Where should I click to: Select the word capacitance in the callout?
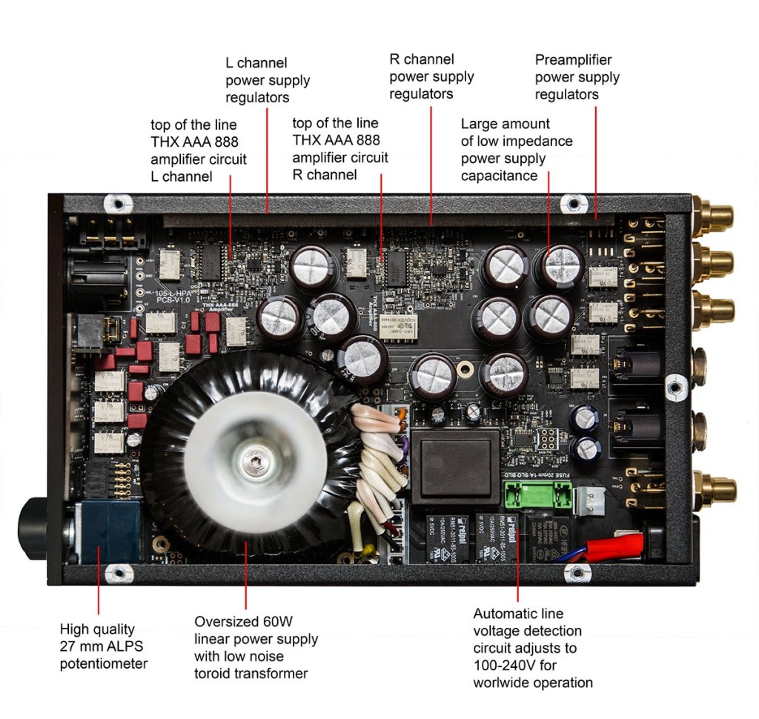tap(499, 176)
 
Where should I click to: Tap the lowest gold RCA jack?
tap(715, 489)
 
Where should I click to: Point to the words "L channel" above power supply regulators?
tap(256, 63)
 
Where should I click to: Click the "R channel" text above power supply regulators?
tap(421, 59)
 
